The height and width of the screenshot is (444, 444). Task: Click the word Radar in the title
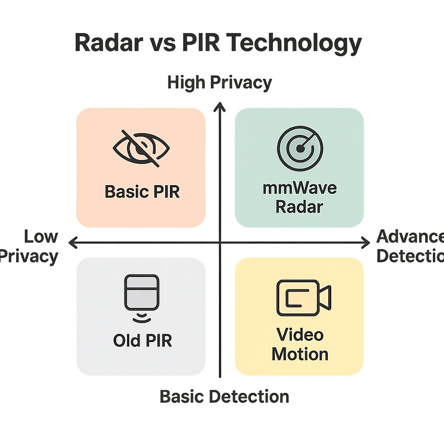coord(109,43)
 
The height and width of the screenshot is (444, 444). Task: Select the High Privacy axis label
coord(219,82)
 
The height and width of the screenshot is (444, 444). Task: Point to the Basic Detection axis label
coord(224,396)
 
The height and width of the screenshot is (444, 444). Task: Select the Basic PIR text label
coord(142,192)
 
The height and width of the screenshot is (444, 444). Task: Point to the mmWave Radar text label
coord(300,197)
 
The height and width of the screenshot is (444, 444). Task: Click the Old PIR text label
coord(142,340)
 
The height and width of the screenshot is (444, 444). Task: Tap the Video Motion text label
coord(300,345)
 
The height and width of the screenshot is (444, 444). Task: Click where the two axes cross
coord(221,242)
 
